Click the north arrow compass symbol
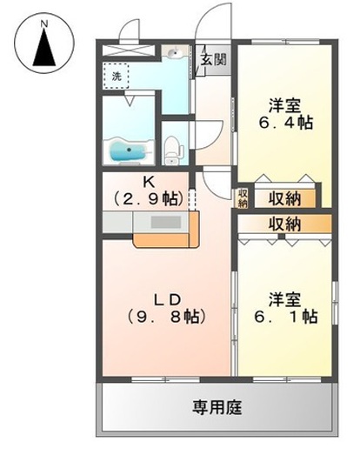tap(43, 47)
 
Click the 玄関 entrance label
tap(217, 61)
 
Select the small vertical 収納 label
tap(243, 197)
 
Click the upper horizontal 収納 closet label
tap(284, 197)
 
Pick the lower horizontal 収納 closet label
tap(284, 224)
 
